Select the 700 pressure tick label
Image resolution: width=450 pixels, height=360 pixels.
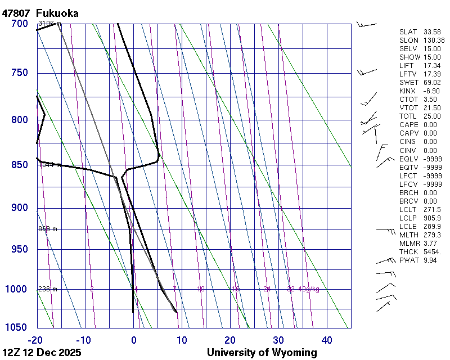[x=20, y=24]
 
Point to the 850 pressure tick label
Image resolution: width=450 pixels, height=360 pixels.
[x=20, y=165]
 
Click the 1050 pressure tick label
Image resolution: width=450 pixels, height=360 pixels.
[x=17, y=327]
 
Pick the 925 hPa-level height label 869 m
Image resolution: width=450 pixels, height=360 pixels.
[x=48, y=229]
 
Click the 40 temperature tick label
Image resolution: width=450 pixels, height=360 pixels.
[x=327, y=340]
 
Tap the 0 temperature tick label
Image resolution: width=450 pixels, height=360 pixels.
[x=134, y=340]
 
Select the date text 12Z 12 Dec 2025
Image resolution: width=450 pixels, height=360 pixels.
[x=42, y=353]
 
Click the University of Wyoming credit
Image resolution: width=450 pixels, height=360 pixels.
[x=262, y=353]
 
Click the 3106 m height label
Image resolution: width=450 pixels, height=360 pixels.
[x=49, y=24]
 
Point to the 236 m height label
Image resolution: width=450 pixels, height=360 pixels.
[x=48, y=289]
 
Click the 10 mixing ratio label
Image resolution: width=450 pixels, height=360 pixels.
[x=201, y=289]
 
